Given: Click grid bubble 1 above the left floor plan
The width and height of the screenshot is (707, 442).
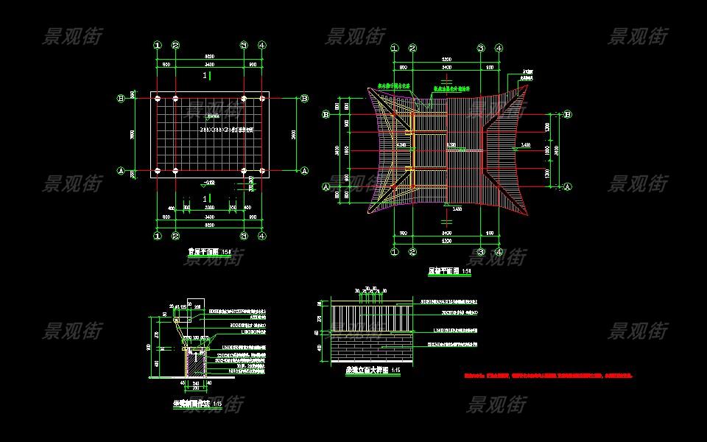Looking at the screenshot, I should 157,45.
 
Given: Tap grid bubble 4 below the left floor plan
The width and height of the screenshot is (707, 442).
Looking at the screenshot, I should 262,236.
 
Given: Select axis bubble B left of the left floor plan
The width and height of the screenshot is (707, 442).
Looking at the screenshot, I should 121,97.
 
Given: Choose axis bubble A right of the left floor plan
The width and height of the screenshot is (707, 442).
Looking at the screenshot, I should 304,170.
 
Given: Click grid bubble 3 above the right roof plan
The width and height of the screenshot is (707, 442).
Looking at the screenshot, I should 480,49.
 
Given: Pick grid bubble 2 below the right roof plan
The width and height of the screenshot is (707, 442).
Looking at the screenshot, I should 413,252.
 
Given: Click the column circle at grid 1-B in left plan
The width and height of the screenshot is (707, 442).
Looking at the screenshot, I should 157,97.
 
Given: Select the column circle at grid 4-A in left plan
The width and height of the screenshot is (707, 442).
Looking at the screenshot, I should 262,171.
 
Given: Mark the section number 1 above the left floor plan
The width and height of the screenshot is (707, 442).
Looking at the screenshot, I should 205,76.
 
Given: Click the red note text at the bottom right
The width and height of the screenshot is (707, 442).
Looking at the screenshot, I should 547,376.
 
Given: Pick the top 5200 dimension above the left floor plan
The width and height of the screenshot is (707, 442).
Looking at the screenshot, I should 209,56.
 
